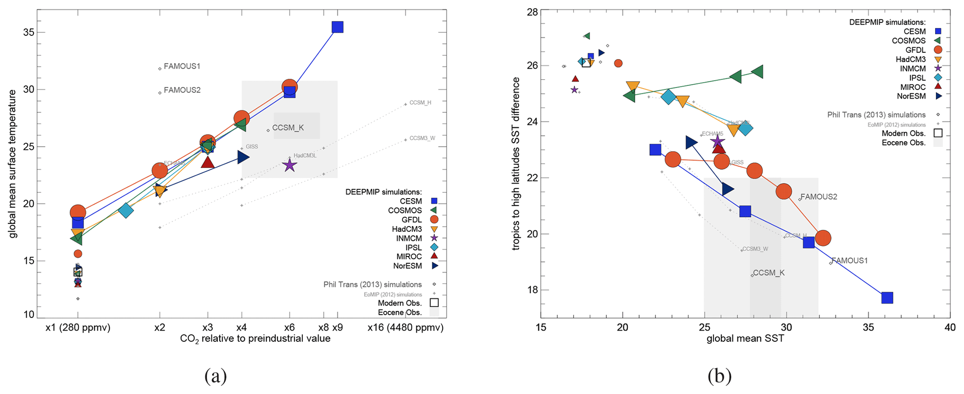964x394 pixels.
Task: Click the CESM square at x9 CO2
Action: (x=337, y=27)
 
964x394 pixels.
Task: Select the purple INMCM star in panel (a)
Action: (x=290, y=165)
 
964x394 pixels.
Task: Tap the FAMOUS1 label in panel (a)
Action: (x=182, y=66)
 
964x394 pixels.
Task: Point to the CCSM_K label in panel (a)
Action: (x=288, y=128)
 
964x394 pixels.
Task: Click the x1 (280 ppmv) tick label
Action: (x=78, y=328)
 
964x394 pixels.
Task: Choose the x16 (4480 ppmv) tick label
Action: (x=405, y=328)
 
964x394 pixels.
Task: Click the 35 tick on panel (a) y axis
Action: (x=29, y=32)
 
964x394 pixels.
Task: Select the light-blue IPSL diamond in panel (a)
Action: (x=126, y=210)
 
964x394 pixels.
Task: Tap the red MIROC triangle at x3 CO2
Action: (x=208, y=162)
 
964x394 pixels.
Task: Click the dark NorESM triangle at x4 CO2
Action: (x=243, y=157)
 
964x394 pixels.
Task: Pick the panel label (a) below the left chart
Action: (x=215, y=375)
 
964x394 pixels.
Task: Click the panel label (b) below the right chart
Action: (x=719, y=375)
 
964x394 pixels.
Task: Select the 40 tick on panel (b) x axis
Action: (x=950, y=328)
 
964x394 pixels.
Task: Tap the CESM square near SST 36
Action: (x=887, y=297)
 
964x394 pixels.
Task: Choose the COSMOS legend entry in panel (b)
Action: (x=909, y=41)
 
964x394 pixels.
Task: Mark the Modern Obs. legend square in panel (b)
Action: (x=938, y=133)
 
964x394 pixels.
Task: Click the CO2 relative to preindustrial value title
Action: (x=255, y=339)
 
